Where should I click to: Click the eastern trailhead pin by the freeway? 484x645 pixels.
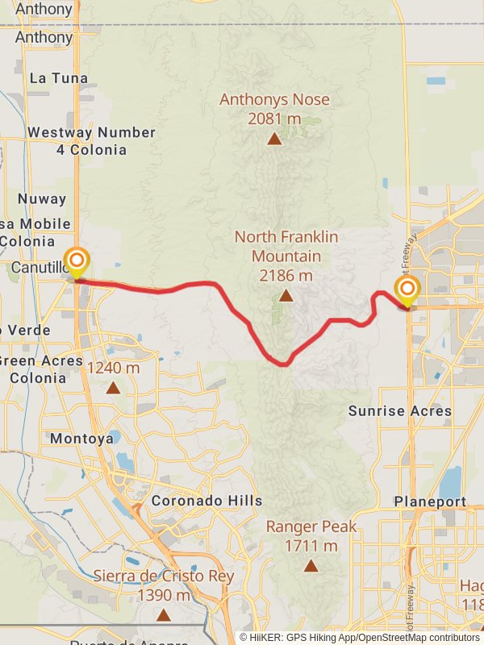(x=407, y=290)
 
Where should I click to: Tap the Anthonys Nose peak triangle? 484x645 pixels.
(x=274, y=139)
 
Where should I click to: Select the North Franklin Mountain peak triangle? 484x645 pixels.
(x=286, y=296)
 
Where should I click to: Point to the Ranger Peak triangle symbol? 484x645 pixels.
(x=311, y=566)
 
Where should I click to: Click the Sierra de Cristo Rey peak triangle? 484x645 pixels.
(x=164, y=615)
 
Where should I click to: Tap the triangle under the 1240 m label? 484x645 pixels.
(x=113, y=388)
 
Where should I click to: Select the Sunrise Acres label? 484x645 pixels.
(x=400, y=410)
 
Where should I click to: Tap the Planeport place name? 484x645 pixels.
(x=430, y=501)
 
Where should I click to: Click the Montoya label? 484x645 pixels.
(x=81, y=439)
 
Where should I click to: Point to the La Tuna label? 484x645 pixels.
(x=58, y=78)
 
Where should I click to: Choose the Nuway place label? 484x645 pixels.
(x=37, y=198)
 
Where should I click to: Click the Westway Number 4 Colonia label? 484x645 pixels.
(x=91, y=141)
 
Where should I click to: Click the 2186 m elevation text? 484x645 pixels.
(x=286, y=276)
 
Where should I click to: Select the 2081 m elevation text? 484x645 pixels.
(x=274, y=119)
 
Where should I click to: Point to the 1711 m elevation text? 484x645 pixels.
(x=311, y=546)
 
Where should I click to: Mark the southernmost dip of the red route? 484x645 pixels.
(x=282, y=364)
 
